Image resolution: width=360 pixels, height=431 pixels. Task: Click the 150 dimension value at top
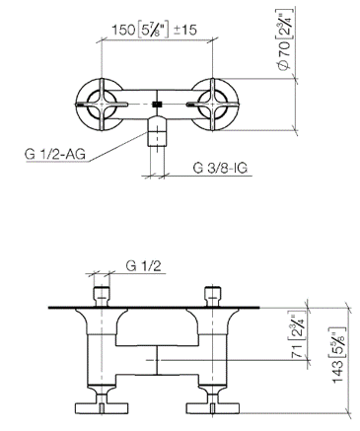tap(123, 30)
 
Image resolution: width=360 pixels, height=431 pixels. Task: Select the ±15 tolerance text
tap(184, 30)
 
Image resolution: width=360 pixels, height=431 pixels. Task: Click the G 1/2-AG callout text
tap(55, 154)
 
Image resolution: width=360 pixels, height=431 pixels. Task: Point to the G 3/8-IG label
tap(220, 168)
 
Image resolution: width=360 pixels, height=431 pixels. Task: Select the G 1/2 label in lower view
tap(144, 265)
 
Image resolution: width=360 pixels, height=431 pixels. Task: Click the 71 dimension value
tap(297, 351)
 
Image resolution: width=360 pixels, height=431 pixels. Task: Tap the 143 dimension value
tap(338, 372)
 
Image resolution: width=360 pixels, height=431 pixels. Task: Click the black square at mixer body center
tap(158, 105)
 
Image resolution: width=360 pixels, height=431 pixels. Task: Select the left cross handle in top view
tap(102, 105)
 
